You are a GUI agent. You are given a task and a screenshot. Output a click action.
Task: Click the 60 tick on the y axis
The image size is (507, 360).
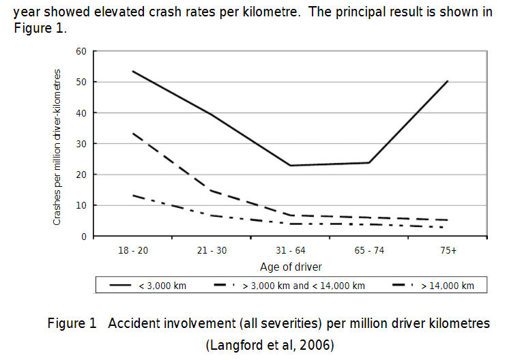pyautogui.click(x=81, y=51)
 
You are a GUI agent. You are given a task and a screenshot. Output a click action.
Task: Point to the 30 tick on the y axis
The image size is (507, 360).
pyautogui.click(x=81, y=144)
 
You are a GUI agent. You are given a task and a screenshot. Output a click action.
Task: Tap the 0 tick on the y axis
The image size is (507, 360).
pyautogui.click(x=83, y=237)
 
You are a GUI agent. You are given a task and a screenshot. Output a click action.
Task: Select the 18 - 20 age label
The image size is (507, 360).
pyautogui.click(x=132, y=250)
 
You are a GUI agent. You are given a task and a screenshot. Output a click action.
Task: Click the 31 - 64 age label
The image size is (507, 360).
pyautogui.click(x=290, y=250)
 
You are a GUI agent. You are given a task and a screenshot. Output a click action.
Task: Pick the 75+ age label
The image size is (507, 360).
pyautogui.click(x=448, y=250)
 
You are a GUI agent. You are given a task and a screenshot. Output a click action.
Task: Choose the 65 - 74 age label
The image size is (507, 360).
pyautogui.click(x=369, y=250)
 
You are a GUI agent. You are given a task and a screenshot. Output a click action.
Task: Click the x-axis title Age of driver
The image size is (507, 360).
pyautogui.click(x=290, y=267)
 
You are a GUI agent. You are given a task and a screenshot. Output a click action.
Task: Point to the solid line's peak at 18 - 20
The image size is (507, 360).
pyautogui.click(x=132, y=71)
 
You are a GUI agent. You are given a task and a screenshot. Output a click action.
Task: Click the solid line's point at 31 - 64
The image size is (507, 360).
pyautogui.click(x=290, y=166)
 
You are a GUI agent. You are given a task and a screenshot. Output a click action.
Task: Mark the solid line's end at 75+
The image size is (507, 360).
pyautogui.click(x=448, y=81)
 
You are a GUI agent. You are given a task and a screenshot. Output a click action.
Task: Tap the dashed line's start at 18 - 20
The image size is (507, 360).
pyautogui.click(x=132, y=133)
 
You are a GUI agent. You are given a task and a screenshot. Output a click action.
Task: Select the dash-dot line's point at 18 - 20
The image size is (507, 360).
pyautogui.click(x=132, y=195)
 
